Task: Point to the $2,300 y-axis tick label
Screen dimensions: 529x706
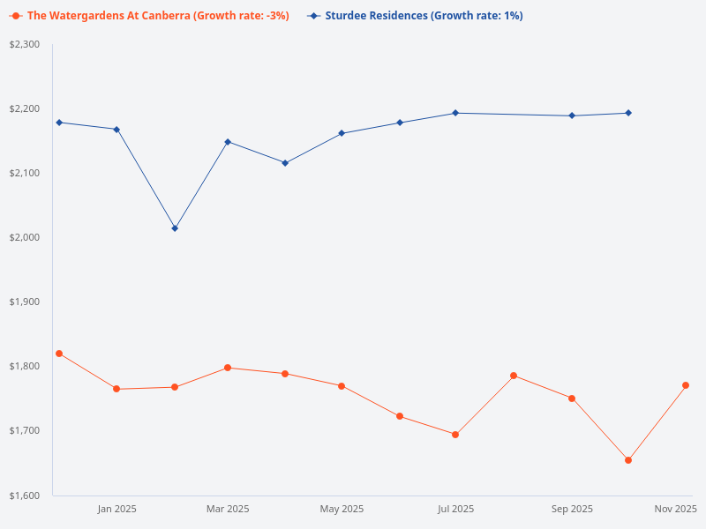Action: [25, 44]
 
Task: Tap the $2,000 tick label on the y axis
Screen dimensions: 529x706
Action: [25, 237]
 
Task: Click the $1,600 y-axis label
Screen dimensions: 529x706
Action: [25, 495]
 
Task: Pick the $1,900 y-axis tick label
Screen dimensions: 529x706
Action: [25, 302]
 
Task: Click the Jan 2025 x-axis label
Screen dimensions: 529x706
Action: [116, 509]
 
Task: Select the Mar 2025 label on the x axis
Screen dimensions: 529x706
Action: [228, 509]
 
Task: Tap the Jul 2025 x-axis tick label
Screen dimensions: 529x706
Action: [455, 509]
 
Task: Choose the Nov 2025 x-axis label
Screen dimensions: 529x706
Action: [675, 509]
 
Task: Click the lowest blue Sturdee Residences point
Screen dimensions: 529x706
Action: [175, 228]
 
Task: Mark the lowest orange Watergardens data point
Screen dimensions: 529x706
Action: [628, 460]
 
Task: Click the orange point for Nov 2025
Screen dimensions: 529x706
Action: [686, 385]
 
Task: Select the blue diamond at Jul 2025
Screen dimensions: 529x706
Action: [455, 113]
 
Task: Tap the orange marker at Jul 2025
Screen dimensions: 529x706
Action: [455, 435]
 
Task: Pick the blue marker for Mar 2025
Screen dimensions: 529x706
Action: [228, 142]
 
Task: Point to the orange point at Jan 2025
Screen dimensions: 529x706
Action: [116, 389]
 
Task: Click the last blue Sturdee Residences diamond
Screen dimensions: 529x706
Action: [628, 113]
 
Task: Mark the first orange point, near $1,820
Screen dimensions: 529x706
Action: [59, 354]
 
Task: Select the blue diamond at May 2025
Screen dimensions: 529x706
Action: [342, 133]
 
